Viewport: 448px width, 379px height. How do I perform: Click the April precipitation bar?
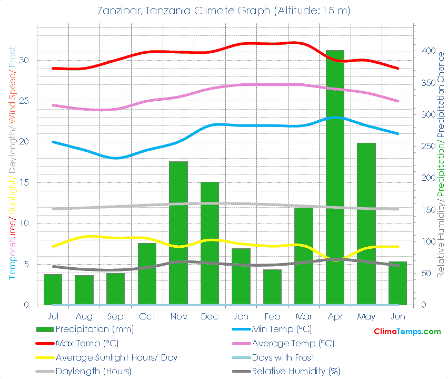335,179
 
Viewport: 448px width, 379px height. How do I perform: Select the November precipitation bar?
178,235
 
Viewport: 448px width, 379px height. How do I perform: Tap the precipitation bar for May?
366,224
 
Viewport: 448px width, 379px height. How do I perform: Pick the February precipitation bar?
272,287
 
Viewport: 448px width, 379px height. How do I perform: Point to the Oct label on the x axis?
147,316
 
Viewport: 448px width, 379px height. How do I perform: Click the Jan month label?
241,316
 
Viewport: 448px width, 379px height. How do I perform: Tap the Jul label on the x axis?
53,316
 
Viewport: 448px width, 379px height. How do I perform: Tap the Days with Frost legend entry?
283,357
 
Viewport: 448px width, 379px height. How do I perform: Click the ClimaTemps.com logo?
407,332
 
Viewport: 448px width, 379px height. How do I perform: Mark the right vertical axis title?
441,158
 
